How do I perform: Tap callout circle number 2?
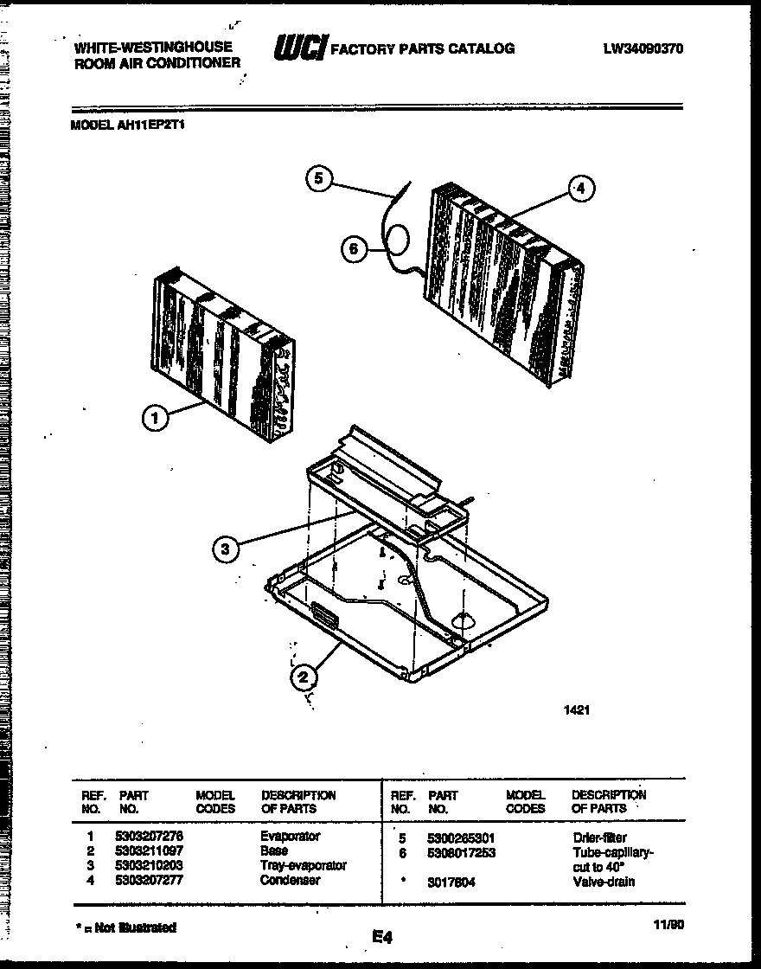click(x=303, y=677)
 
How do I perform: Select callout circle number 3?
click(x=225, y=548)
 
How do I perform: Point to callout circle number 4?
click(x=581, y=188)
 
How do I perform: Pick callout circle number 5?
click(x=318, y=179)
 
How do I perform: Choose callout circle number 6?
click(x=352, y=250)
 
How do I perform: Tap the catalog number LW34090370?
click(x=643, y=49)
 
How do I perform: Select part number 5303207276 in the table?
click(x=149, y=837)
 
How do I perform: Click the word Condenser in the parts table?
click(x=290, y=880)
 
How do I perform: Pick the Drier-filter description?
click(x=599, y=837)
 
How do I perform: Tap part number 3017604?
click(x=451, y=882)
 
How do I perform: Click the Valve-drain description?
click(x=603, y=882)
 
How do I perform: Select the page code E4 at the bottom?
click(x=382, y=936)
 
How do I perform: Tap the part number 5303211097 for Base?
click(x=149, y=851)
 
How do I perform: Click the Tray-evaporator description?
click(x=303, y=865)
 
